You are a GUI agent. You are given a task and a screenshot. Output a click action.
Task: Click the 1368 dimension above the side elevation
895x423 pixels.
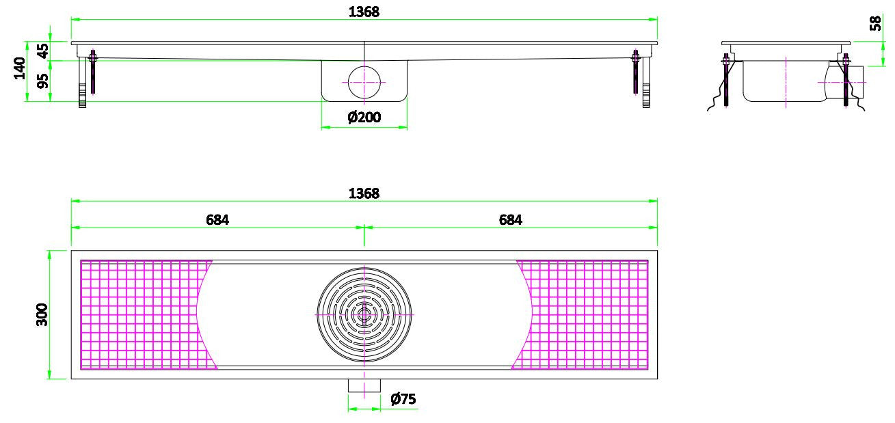tap(364, 12)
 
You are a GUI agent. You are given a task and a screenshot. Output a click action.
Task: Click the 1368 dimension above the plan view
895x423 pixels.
tap(364, 193)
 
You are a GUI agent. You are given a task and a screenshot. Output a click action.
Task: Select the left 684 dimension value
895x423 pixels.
tap(217, 219)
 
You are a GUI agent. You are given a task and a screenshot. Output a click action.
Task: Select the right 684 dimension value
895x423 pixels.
tap(510, 219)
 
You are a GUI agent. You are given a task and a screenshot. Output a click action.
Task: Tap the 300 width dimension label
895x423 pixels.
tap(42, 315)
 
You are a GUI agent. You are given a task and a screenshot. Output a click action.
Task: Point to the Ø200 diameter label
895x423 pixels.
tap(364, 118)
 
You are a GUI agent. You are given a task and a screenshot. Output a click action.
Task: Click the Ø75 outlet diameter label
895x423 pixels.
tap(403, 398)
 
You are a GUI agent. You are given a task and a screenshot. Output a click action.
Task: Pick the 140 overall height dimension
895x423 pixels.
tap(20, 68)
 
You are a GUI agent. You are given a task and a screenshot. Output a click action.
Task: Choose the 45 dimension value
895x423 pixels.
tap(42, 51)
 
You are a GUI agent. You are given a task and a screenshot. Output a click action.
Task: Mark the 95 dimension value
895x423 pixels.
tap(42, 81)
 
